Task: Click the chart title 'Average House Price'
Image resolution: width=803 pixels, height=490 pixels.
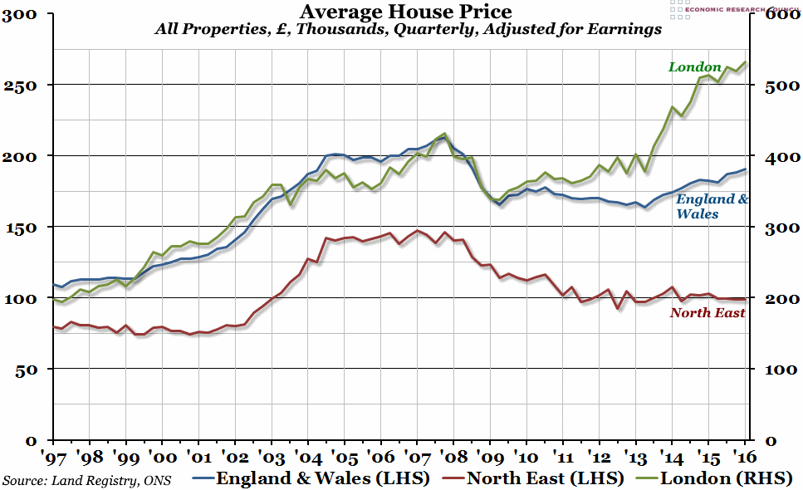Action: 405,12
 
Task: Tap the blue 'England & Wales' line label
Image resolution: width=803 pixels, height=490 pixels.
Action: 712,206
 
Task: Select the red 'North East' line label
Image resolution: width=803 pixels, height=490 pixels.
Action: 707,312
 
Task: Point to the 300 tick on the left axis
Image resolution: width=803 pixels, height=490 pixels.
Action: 20,14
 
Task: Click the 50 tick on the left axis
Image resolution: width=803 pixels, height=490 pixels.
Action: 26,369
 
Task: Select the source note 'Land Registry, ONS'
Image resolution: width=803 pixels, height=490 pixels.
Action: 91,480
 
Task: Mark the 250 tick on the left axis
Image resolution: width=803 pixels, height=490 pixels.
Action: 20,85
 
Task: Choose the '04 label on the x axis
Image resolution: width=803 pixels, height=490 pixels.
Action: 306,458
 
